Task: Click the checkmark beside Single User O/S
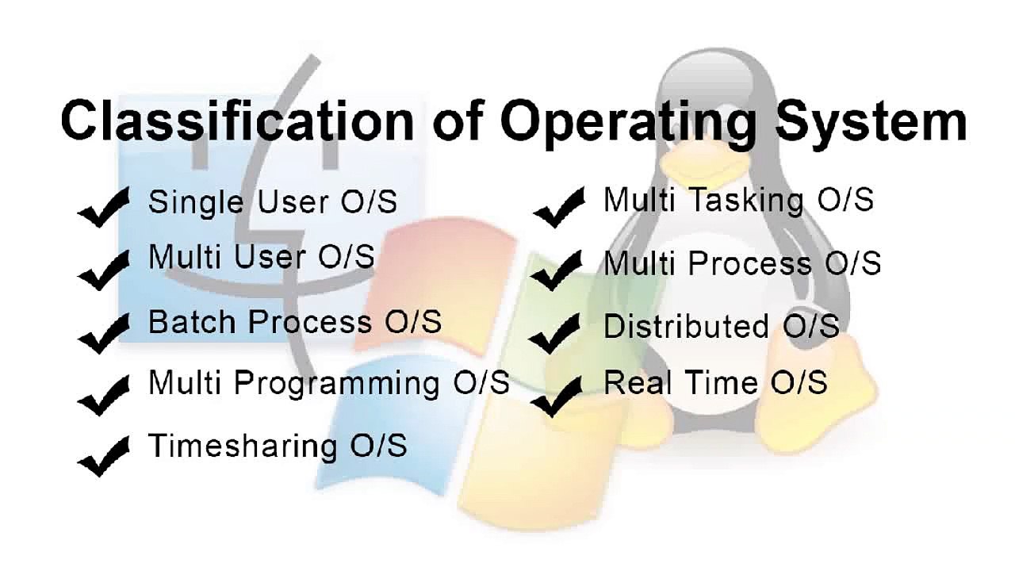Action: click(x=104, y=208)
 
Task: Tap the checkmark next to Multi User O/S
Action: click(x=104, y=267)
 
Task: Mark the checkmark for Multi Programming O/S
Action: click(x=104, y=393)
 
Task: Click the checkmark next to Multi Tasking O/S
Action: click(x=559, y=208)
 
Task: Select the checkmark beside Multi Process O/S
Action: click(x=557, y=270)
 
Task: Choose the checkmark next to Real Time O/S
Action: click(x=557, y=396)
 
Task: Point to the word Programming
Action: click(x=337, y=384)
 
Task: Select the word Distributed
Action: click(x=686, y=327)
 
